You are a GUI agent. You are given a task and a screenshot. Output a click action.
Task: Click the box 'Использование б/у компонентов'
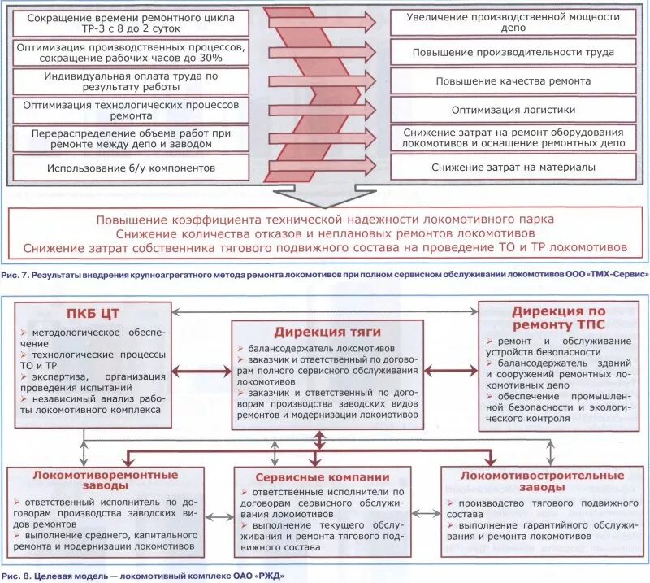click(131, 168)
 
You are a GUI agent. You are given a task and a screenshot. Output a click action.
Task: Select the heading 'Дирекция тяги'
click(325, 332)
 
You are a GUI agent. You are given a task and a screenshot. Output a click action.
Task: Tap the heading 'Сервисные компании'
click(323, 477)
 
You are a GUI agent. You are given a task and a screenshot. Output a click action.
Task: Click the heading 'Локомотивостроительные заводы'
click(541, 481)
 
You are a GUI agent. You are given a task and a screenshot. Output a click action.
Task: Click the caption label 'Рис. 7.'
click(15, 276)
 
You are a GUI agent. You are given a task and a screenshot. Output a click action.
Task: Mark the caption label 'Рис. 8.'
click(15, 576)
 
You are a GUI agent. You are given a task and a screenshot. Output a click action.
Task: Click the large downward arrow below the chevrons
click(324, 198)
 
